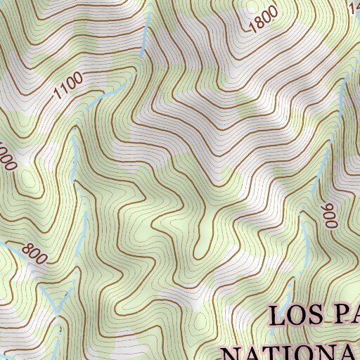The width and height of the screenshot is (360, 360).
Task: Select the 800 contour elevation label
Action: click(x=33, y=251)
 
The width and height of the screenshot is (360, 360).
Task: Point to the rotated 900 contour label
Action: click(x=330, y=215)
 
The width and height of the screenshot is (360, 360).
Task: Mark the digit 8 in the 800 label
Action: click(x=27, y=247)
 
